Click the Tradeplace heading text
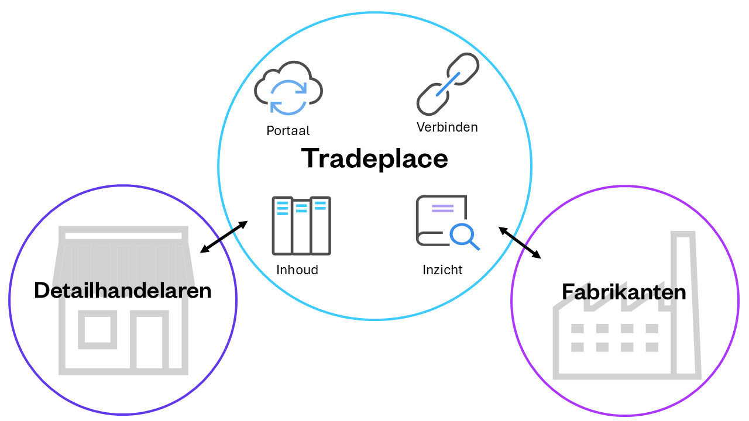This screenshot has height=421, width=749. [374, 158]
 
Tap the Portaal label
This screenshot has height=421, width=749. [288, 130]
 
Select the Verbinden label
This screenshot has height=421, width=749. [447, 127]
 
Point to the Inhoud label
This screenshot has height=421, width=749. [297, 270]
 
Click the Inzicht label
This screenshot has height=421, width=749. [442, 270]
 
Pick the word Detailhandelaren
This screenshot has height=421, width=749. [122, 290]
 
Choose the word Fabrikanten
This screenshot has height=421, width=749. [624, 292]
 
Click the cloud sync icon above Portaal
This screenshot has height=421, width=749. [288, 88]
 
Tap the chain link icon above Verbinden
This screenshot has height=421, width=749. [448, 84]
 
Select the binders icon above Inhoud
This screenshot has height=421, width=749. [301, 226]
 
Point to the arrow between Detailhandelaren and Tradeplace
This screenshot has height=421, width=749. [224, 237]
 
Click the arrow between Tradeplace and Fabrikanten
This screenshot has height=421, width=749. [520, 243]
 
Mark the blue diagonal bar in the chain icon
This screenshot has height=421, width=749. [447, 85]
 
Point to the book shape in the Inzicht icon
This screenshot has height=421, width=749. [436, 219]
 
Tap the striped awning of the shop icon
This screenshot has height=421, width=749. [122, 257]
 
